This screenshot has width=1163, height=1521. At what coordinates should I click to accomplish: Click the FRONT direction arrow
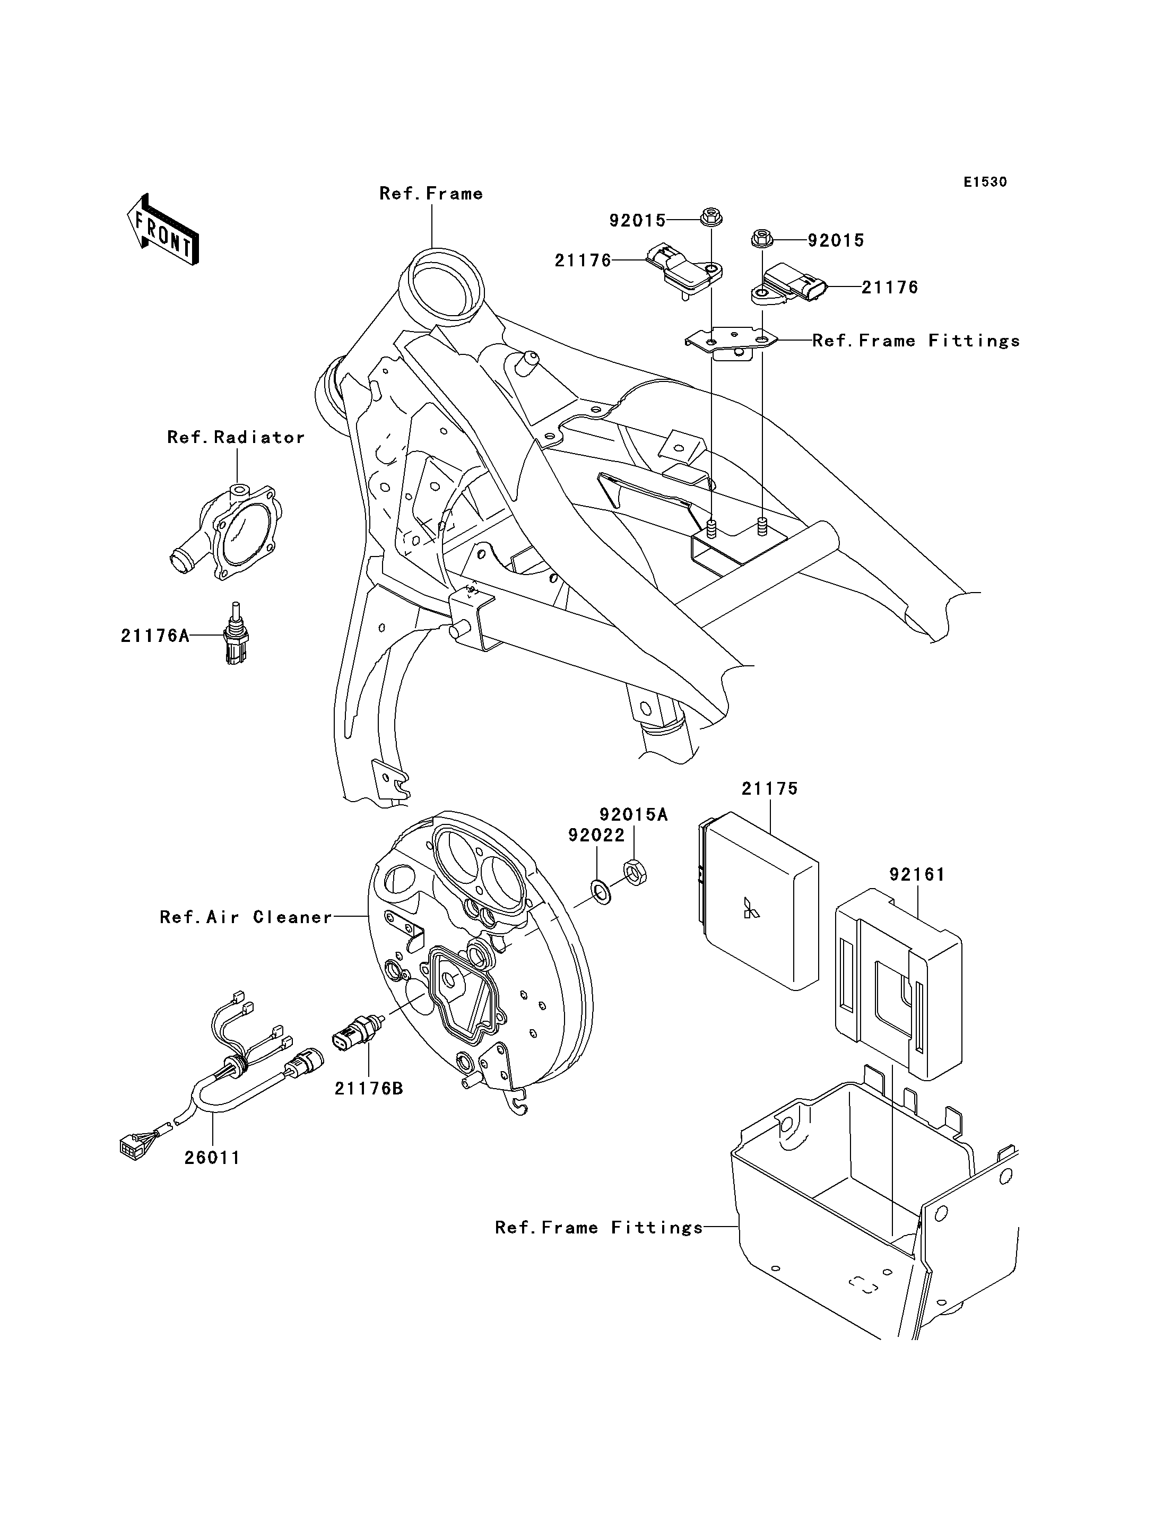coord(163,231)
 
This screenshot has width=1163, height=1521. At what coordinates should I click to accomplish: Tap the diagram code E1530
coord(985,182)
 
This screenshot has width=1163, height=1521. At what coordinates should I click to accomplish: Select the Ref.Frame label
coord(431,194)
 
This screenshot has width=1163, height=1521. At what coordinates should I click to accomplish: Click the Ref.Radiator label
coord(236,438)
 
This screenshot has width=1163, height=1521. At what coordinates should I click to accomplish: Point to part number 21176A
coord(155,636)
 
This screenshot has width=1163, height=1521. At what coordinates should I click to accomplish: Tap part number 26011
coord(212,1158)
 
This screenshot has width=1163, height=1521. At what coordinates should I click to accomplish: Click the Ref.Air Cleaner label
coord(246,917)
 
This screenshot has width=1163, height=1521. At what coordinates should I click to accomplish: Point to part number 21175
coord(770,788)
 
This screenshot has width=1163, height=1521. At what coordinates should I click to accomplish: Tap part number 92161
coord(917,875)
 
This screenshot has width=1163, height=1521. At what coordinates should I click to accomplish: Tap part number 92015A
coord(633,815)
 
